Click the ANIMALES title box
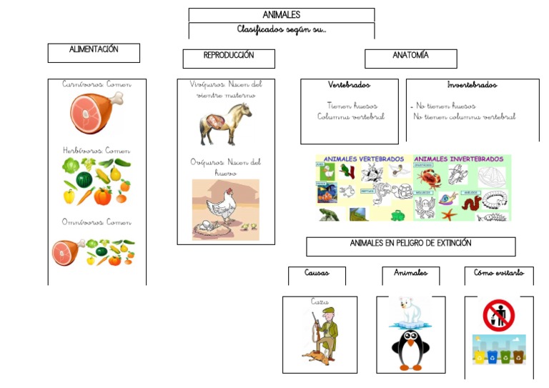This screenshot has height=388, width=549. tap(281, 15)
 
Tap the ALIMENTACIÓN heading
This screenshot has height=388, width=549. tap(94, 51)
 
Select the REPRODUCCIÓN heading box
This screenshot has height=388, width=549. tap(228, 56)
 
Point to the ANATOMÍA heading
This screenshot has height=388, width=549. tap(410, 56)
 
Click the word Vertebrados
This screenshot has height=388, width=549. tap(349, 85)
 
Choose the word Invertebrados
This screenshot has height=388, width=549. tap(472, 85)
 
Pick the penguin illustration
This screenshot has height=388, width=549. tap(410, 349)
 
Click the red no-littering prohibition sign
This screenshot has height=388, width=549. tap(498, 315)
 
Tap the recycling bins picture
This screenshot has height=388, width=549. tap(498, 350)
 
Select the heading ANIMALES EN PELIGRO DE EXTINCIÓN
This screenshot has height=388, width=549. tap(410, 244)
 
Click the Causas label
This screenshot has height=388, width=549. tap(317, 274)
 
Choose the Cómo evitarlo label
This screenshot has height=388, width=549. tap(498, 274)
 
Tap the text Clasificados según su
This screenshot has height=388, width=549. tap(281, 30)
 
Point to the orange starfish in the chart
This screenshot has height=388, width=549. tap(448, 212)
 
